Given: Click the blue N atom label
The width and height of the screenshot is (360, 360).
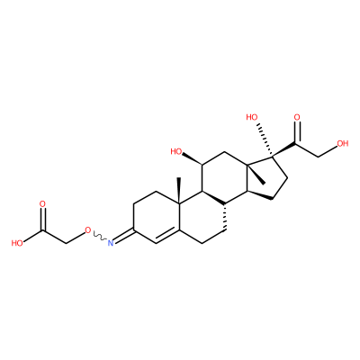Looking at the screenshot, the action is coord(111,242).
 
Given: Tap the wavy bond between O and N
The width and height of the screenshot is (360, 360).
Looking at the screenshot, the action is coord(99,236).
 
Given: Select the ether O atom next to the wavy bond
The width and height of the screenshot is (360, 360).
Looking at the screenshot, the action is coord(87,230).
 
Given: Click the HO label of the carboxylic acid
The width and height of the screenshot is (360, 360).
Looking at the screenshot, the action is coord(17,243).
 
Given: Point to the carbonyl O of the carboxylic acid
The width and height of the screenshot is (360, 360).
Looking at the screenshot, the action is coord(42,204).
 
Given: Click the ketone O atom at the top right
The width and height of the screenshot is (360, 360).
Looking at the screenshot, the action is coord(297,117).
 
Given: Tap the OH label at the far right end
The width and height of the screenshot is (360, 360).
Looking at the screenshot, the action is coord(343,143).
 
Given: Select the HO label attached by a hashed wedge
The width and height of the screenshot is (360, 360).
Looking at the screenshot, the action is coord(252,117).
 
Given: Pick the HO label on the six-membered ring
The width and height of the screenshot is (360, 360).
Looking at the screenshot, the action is coord(176,152).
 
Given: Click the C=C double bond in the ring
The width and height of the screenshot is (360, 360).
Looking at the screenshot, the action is coord(167,236).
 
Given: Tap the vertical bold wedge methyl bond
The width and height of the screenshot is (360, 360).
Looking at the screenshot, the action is coord(179,191).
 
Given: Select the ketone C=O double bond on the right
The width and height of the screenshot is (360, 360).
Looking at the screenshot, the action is coord(297,132).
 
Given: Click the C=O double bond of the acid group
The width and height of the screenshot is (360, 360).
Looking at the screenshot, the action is coord(42,220).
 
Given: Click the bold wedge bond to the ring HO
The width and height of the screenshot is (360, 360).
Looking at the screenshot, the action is coord(193,158).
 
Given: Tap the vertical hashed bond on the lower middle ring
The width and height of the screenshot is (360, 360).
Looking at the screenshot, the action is coord(225,217).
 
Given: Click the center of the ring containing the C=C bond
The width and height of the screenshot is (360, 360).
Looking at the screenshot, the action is coord(157,218).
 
